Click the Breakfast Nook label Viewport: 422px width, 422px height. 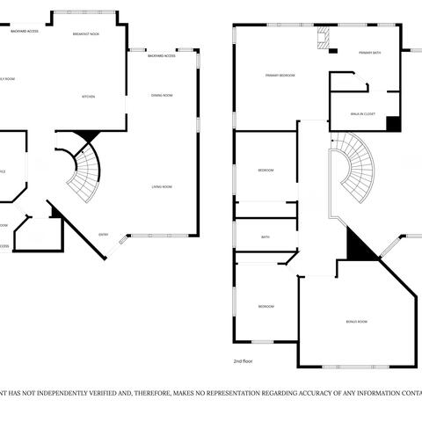(85, 33)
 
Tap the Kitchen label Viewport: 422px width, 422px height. (89, 96)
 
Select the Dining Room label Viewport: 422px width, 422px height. (161, 95)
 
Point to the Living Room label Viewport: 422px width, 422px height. (161, 186)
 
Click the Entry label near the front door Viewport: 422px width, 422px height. (104, 234)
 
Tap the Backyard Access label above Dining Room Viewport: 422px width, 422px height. (161, 55)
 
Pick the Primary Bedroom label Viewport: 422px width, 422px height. (280, 76)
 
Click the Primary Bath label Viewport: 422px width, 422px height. (369, 54)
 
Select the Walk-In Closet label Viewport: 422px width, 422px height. (363, 113)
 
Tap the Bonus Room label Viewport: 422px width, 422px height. (356, 322)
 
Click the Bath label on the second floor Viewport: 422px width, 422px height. (265, 236)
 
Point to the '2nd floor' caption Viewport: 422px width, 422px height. (244, 361)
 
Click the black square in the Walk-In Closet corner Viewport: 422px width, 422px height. (393, 124)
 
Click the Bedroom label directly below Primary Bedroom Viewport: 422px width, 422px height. (266, 170)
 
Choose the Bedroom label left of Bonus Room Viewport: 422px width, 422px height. (266, 306)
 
